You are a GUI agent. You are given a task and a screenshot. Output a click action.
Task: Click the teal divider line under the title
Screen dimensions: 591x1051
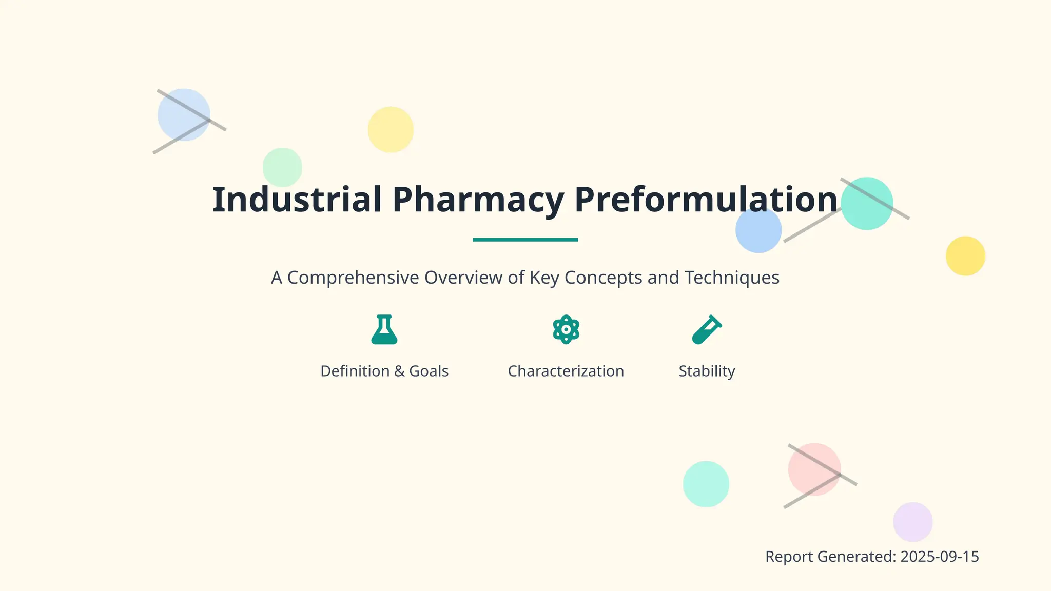point(525,240)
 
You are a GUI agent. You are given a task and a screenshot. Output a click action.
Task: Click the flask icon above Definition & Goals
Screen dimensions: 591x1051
point(384,329)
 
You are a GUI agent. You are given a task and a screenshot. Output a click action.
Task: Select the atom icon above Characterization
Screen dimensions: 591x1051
point(566,329)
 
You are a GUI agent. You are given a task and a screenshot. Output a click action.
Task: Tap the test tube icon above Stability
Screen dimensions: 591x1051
point(707,329)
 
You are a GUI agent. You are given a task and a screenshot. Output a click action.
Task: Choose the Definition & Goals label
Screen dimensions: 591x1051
point(384,371)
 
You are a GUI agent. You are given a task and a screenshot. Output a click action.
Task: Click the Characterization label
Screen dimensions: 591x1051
point(566,371)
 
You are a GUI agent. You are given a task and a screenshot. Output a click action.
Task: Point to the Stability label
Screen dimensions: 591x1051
point(707,371)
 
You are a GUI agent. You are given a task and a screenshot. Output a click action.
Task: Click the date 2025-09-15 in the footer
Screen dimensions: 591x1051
point(939,557)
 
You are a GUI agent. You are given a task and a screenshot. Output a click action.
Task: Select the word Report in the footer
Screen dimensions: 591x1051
point(789,557)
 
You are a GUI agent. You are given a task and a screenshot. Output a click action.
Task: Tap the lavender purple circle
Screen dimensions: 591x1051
point(912,522)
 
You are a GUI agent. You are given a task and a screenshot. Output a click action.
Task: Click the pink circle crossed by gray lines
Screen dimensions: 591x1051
point(814,469)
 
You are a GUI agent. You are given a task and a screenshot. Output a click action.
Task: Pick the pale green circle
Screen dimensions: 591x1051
point(282,167)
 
